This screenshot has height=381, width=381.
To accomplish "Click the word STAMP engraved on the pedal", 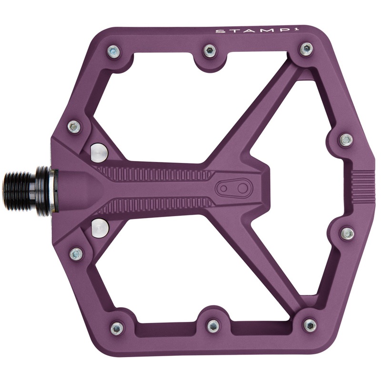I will coord(234,32).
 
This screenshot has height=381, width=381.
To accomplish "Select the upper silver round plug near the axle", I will coord(99,151).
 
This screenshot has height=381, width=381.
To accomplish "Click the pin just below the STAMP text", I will coord(307,49).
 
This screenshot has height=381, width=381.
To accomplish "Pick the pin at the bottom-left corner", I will coord(117,328).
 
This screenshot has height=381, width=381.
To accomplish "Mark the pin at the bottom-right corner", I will coord(310,326).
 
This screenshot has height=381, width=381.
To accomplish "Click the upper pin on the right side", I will coord(346,140).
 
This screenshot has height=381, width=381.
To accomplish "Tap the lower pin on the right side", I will coord(348,233).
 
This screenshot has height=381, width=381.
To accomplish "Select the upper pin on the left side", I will coord(74,127).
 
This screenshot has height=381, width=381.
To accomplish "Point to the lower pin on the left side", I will coord(76,254).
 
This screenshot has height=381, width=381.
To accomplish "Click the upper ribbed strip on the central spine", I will coord(157,172).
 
